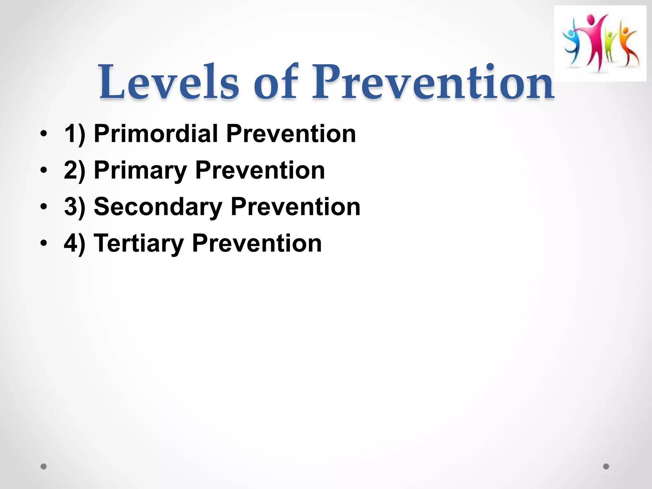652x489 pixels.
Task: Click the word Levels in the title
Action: pos(169,82)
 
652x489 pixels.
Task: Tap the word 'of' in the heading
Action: pos(276,82)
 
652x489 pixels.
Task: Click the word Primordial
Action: pos(156,134)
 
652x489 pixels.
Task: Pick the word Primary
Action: pos(140,171)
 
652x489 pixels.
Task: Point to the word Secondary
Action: pos(158,207)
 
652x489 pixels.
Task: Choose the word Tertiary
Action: pos(139,244)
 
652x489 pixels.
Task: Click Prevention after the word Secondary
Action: pos(295,207)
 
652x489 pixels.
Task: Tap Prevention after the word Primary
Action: pos(260,170)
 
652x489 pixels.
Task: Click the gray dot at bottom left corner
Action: pos(44,466)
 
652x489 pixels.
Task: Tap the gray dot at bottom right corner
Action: pos(606,466)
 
